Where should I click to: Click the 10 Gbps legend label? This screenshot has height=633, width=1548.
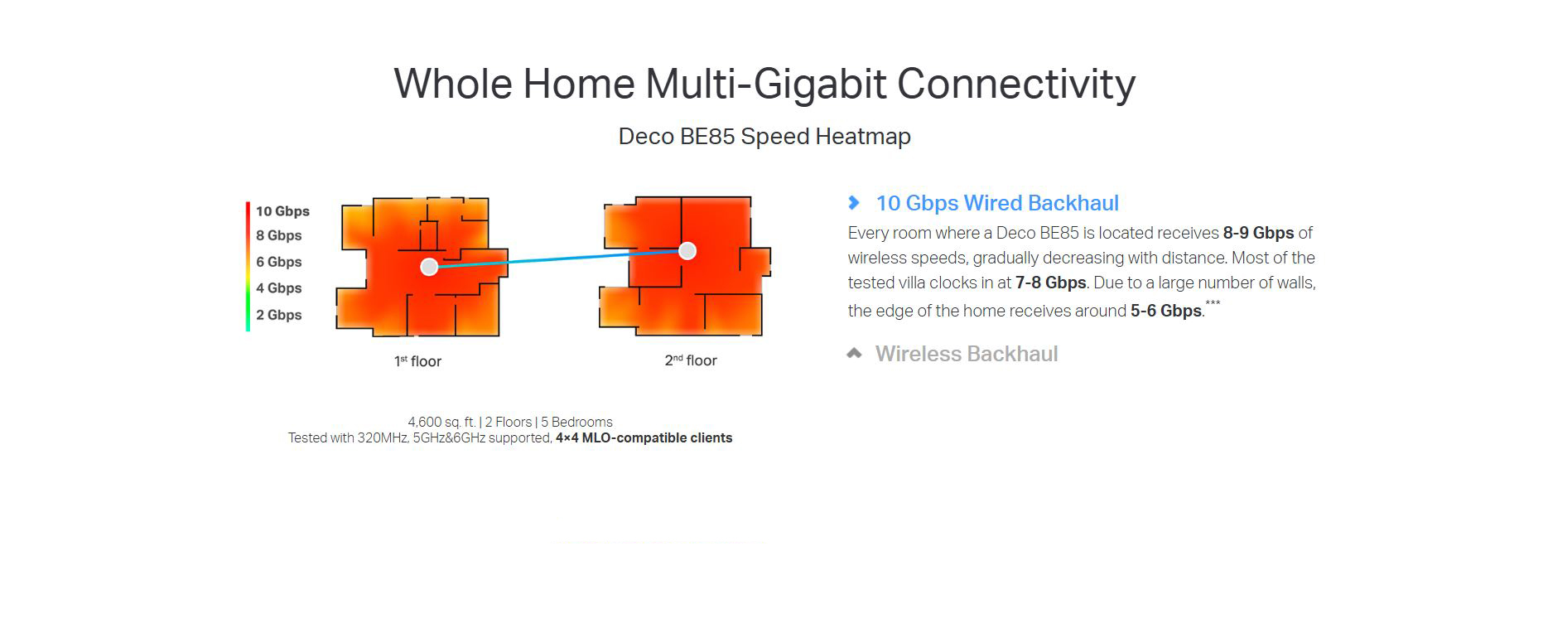coord(282,211)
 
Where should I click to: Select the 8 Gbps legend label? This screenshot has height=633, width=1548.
coord(279,235)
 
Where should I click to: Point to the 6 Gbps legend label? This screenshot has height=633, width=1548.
coord(279,262)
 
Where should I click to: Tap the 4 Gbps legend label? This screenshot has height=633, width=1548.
coord(279,288)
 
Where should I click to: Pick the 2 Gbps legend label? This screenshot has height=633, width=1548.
coord(279,315)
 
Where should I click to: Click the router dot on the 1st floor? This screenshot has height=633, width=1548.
coord(429,267)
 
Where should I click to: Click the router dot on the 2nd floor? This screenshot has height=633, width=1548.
coord(687,251)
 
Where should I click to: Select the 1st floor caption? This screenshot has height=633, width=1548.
coord(417,361)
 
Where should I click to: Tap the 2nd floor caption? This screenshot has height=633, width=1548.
coord(691,360)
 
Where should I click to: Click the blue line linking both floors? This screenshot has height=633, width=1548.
coord(558,259)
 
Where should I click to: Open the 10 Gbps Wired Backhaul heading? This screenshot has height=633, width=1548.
coord(997,203)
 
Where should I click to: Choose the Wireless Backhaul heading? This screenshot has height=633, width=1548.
coord(967,354)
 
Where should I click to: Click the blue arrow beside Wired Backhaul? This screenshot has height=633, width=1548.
coord(854,202)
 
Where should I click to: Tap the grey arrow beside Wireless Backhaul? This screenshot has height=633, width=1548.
coord(854,354)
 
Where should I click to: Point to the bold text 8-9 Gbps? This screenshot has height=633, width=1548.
coord(1258,233)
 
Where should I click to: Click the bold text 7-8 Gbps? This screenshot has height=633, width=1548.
coord(1050,283)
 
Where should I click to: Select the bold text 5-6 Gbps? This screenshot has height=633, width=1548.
coord(1165,311)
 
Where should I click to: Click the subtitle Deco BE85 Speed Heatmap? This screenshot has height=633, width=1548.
coord(764,137)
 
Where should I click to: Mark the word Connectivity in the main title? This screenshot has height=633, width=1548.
coord(1016,84)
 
